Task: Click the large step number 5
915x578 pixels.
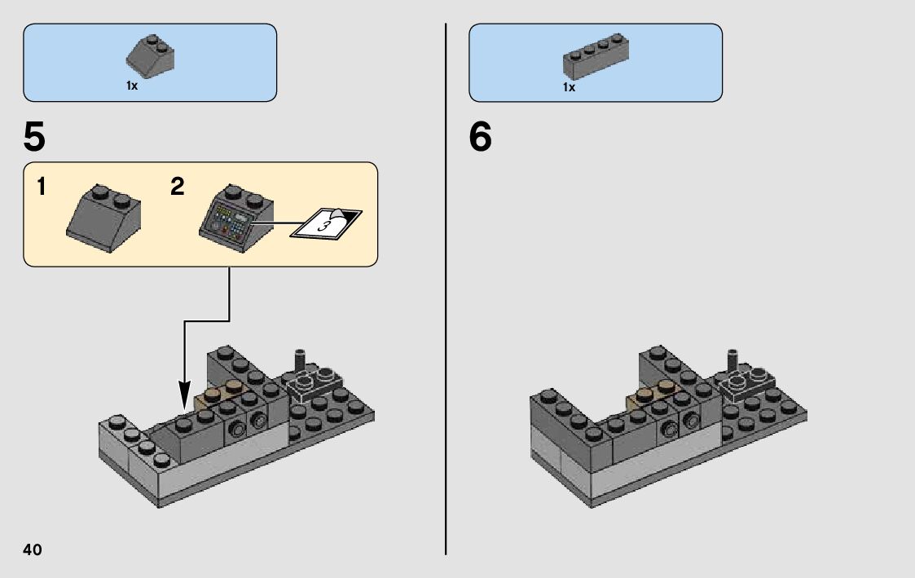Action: pos(34,137)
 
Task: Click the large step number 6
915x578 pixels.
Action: pos(480,137)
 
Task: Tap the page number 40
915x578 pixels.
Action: pos(33,549)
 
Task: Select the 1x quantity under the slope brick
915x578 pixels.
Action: pos(132,86)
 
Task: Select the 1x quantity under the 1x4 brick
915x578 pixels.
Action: pos(569,87)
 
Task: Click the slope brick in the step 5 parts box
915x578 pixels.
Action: pos(151,56)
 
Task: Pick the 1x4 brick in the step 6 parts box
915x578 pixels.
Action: pos(596,56)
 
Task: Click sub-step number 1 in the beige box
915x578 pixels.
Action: pos(41,187)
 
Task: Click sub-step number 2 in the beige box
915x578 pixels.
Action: pos(178,187)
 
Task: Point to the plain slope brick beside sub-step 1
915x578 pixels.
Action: pos(103,218)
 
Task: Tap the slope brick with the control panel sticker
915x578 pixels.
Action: pos(236,218)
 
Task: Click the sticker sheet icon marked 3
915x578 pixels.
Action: pos(326,223)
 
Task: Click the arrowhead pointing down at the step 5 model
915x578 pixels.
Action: pos(184,395)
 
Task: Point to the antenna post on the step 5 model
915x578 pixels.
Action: pos(301,360)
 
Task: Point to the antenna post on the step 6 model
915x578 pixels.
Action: pos(733,360)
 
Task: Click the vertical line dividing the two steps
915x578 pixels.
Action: pos(446,289)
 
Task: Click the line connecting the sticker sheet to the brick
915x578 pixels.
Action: pos(279,223)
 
